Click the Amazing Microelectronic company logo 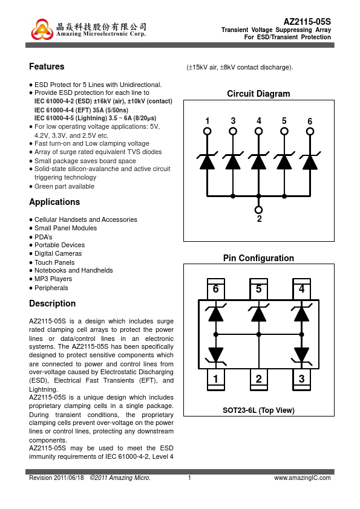tap(42, 30)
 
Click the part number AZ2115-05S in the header tap(307, 22)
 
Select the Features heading tap(47, 66)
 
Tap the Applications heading tap(54, 202)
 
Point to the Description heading tap(52, 303)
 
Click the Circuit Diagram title tap(258, 94)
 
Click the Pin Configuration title tap(258, 258)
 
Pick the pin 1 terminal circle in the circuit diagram tap(208, 131)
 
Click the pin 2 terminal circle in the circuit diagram tap(258, 210)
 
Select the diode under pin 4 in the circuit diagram tap(258, 161)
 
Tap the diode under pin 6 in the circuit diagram tap(310, 161)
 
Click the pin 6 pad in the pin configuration tap(216, 289)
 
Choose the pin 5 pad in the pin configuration tap(258, 289)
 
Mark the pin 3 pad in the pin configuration tap(301, 379)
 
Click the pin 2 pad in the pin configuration tap(258, 379)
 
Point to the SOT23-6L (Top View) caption tap(258, 410)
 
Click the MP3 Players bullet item tap(53, 279)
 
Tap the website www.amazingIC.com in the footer tap(303, 478)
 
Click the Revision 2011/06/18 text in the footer tap(56, 478)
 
